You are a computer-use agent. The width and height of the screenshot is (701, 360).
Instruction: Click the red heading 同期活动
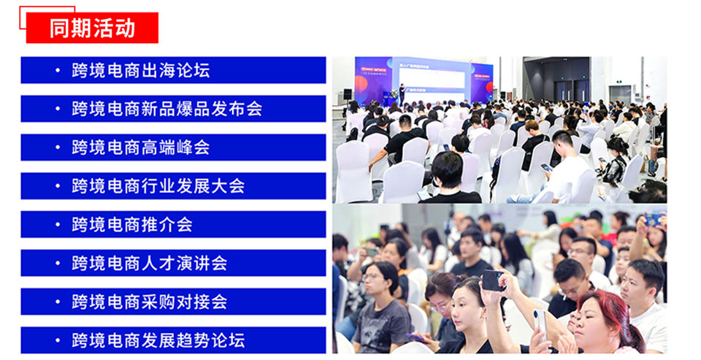[x=92, y=28]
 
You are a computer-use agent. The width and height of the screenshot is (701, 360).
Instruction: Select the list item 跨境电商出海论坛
[x=140, y=70]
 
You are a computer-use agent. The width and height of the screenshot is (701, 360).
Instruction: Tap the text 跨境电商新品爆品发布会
[x=166, y=109]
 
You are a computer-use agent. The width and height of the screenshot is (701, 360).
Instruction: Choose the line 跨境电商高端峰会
[x=140, y=147]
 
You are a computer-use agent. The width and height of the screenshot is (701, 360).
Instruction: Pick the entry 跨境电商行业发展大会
[x=158, y=185]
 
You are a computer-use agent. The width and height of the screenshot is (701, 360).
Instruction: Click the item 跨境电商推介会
[x=132, y=224]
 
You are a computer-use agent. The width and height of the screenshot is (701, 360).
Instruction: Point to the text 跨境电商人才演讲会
[x=149, y=262]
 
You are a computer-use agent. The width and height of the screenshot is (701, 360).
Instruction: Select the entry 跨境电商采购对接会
[x=149, y=302]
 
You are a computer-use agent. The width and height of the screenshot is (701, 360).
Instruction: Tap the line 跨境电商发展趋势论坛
[x=158, y=340]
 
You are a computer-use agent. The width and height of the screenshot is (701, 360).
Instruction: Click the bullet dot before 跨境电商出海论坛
[x=57, y=70]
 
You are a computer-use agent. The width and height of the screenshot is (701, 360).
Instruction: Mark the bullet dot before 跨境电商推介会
[x=57, y=224]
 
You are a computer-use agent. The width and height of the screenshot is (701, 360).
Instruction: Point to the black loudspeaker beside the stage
[x=348, y=94]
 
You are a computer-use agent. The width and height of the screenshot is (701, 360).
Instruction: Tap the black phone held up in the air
[x=493, y=280]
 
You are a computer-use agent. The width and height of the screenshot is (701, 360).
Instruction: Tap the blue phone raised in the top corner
[x=653, y=220]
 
